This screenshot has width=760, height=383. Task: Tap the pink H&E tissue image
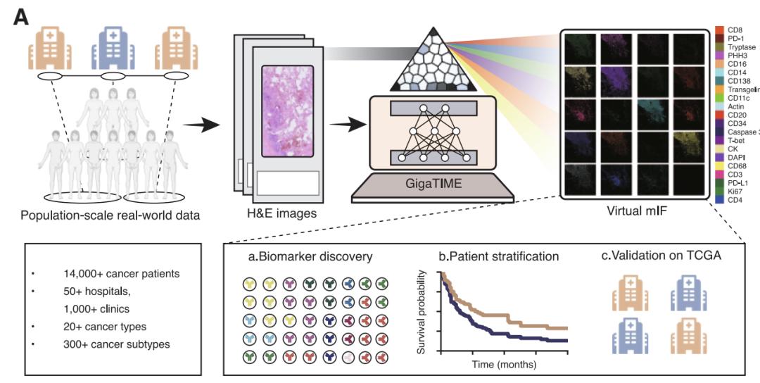coord(291,113)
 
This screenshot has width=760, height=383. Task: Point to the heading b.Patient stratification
coord(498,256)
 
